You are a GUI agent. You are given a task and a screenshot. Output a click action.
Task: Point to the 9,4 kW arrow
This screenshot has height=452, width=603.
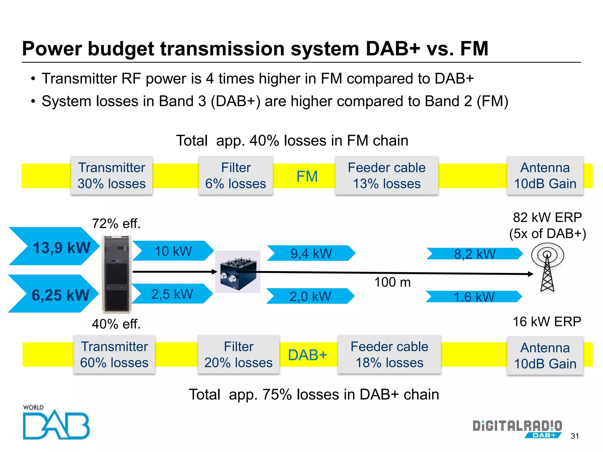(x=311, y=253)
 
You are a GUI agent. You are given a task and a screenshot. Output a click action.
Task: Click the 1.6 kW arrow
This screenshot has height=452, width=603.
(x=474, y=297)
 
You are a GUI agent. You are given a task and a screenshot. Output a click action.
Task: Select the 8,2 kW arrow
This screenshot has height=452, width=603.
(x=474, y=254)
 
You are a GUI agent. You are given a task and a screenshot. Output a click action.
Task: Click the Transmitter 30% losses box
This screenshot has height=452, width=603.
(x=112, y=175)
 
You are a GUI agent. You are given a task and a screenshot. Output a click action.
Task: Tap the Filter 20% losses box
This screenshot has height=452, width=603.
(x=238, y=354)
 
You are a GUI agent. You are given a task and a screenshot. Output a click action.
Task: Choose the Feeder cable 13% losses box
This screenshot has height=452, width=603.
(x=387, y=175)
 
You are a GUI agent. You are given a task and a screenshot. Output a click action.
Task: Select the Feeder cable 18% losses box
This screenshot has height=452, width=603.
(x=389, y=354)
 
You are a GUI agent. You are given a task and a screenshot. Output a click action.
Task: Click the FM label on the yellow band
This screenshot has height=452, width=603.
(x=307, y=176)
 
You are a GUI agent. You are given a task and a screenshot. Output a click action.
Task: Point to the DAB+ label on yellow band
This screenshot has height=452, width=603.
(x=307, y=355)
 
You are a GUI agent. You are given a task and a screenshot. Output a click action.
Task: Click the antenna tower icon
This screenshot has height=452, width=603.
(x=547, y=268)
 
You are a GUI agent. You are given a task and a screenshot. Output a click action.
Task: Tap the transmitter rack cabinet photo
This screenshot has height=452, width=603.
(x=117, y=274)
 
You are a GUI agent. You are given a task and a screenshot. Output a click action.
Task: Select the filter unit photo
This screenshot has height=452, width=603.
(x=238, y=272)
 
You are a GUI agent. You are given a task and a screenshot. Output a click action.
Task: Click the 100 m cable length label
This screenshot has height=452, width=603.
(x=392, y=282)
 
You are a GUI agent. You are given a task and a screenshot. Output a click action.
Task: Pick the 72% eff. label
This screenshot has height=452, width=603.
(x=116, y=224)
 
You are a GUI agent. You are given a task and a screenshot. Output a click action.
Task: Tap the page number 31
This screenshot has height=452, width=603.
(x=575, y=436)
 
